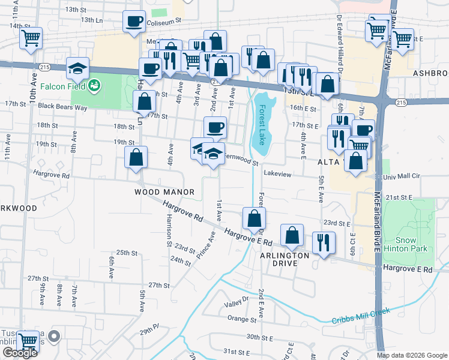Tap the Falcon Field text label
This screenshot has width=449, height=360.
(63, 86)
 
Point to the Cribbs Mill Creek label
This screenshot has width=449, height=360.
(361, 316)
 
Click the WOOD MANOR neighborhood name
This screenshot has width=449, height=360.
(164, 192)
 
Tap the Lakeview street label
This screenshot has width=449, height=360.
(277, 174)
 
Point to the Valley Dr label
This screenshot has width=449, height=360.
(237, 302)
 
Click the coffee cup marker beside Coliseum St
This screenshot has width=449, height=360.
(134, 22)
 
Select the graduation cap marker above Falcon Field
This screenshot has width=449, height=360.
(78, 67)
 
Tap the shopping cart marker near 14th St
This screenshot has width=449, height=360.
(31, 37)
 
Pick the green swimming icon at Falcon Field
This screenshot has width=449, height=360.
(94, 87)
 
